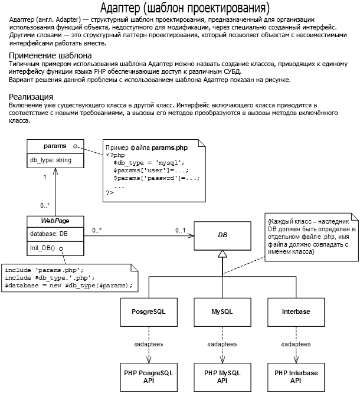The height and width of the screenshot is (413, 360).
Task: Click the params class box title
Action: [55, 146]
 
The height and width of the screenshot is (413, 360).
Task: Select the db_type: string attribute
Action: [51, 160]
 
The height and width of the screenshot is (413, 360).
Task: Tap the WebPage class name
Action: [55, 221]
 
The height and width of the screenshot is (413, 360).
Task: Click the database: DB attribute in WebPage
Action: [49, 234]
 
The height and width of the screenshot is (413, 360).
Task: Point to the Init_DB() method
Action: [42, 248]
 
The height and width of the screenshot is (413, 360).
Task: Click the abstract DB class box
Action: [222, 236]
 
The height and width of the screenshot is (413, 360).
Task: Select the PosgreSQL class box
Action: [149, 312]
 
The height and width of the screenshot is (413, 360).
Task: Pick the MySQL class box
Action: [222, 312]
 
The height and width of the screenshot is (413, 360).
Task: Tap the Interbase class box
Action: [296, 312]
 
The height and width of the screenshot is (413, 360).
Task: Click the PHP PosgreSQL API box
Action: [149, 377]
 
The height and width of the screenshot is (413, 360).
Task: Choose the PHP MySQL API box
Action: [222, 377]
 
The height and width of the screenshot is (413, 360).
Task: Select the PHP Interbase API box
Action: [296, 377]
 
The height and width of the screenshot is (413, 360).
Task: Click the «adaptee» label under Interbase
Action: [296, 344]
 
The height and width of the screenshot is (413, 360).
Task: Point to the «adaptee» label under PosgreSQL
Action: [149, 344]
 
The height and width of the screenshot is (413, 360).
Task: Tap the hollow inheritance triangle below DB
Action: [222, 254]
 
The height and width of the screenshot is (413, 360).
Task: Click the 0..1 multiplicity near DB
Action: [181, 230]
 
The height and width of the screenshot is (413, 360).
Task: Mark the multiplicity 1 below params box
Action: [45, 177]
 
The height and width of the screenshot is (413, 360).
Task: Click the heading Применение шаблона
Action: [50, 55]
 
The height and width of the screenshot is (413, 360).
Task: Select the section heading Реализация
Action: [31, 97]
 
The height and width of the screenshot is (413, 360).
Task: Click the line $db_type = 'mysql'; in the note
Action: [149, 163]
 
